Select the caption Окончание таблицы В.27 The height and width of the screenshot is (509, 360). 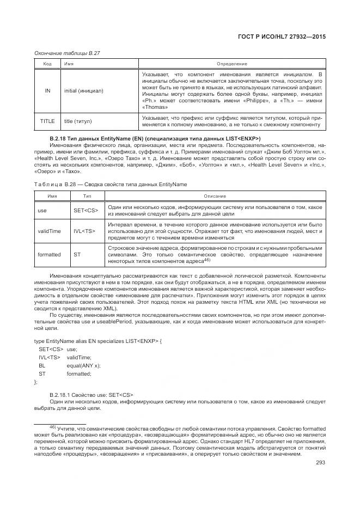tap(67, 53)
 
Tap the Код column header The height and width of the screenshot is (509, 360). tap(47, 64)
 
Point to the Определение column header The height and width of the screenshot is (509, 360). tap(231, 64)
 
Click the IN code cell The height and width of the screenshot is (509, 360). tap(47, 90)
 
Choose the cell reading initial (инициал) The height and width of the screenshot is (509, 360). tap(83, 90)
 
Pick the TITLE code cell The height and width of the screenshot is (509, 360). tap(47, 121)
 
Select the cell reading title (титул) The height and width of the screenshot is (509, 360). tap(78, 121)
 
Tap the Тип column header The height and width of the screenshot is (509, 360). tap(87, 195)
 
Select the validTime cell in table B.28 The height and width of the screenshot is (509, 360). tap(49, 231)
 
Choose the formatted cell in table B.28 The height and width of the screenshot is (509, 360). tap(49, 254)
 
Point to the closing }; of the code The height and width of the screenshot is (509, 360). tap(36, 382)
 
